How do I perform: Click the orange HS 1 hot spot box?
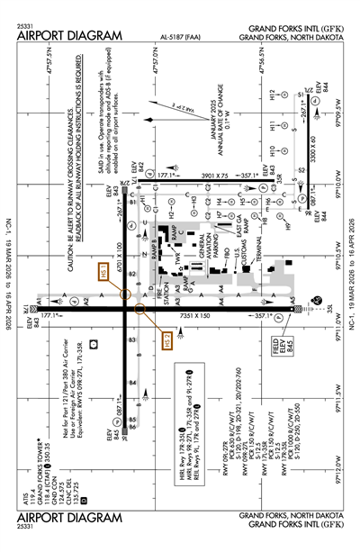click(x=104, y=274)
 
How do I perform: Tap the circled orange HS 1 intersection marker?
click(x=124, y=294)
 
